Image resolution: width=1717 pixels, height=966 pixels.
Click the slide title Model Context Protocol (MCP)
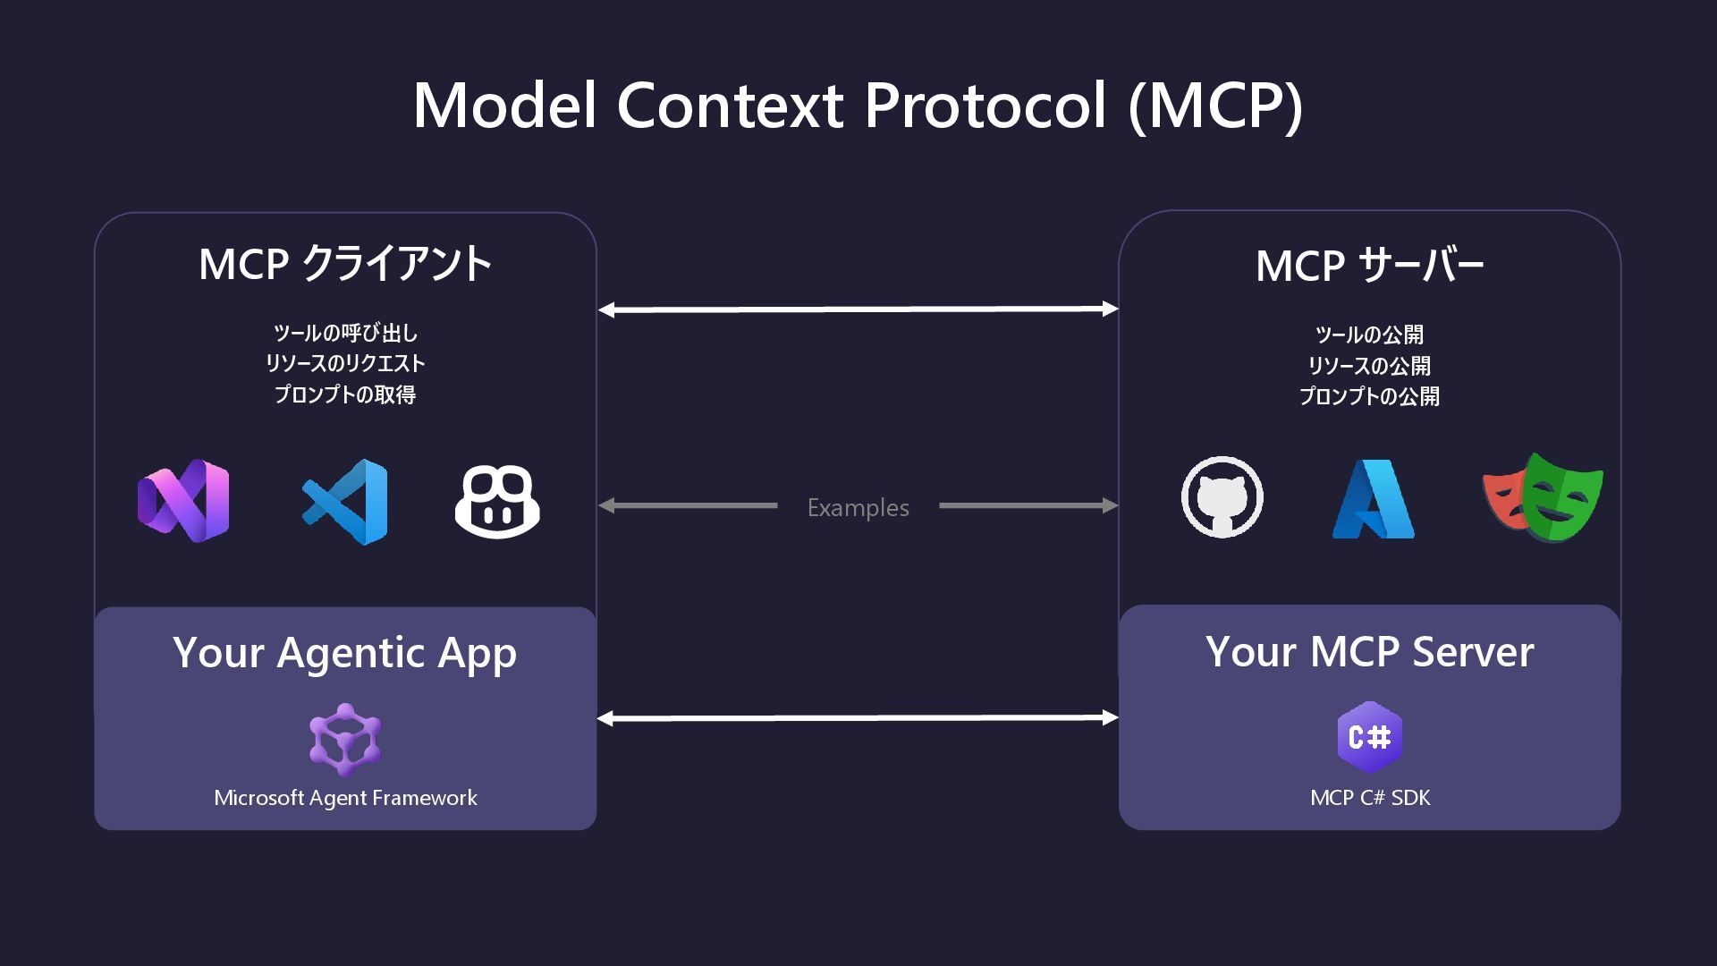point(858,106)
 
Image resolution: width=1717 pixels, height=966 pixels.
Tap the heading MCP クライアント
point(345,264)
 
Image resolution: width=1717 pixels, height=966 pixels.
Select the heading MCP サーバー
point(1369,266)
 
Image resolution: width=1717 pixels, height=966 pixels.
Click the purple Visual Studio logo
point(183,500)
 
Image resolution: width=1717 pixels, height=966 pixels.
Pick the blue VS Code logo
point(345,502)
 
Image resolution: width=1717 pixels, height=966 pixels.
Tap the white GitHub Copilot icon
point(497,501)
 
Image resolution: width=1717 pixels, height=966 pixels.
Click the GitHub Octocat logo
point(1222,497)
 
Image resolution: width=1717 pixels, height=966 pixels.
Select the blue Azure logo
point(1373,499)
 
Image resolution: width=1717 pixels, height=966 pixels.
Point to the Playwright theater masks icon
point(1544,497)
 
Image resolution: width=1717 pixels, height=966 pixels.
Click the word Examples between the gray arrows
point(858,507)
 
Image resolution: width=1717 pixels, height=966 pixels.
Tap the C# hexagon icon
point(1369,737)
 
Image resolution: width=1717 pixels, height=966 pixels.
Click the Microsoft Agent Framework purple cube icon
point(345,739)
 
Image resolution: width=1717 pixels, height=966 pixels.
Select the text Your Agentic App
point(345,653)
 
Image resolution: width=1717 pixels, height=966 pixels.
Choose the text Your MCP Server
point(1369,651)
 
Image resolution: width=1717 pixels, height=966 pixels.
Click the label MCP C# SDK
point(1369,798)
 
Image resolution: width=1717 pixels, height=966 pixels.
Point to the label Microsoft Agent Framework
point(345,798)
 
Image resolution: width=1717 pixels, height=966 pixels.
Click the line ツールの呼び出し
point(345,333)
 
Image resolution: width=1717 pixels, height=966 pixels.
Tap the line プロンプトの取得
point(345,394)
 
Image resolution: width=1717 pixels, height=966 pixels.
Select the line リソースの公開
point(1369,365)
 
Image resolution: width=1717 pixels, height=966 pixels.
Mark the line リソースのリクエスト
point(345,363)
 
